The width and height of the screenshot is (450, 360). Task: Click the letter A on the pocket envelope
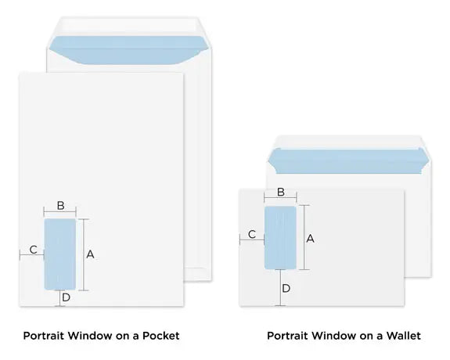click(90, 254)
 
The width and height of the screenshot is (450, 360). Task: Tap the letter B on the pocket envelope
click(60, 206)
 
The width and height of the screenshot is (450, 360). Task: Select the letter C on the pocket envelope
click(33, 249)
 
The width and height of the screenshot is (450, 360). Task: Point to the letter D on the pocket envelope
click(67, 297)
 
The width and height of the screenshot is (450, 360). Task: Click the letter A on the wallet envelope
click(310, 239)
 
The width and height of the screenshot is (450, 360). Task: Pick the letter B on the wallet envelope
click(281, 192)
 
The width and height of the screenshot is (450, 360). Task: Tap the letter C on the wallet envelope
click(252, 234)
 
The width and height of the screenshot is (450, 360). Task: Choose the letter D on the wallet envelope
click(286, 288)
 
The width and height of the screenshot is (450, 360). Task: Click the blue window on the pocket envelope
click(60, 254)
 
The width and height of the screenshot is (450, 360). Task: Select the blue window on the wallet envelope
click(280, 237)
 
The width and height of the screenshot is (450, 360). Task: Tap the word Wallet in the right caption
click(401, 336)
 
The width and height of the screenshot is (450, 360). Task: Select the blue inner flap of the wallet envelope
click(349, 165)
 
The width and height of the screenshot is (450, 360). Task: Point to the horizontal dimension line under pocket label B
click(60, 213)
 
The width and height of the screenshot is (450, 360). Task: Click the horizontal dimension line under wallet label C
click(252, 242)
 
